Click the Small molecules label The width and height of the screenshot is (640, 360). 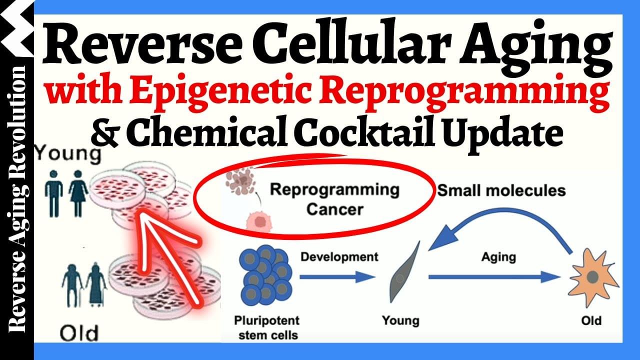[501, 190]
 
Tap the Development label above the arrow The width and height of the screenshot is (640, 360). [339, 257]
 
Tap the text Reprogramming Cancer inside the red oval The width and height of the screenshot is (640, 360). [334, 199]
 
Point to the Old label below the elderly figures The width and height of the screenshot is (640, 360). [79, 332]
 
